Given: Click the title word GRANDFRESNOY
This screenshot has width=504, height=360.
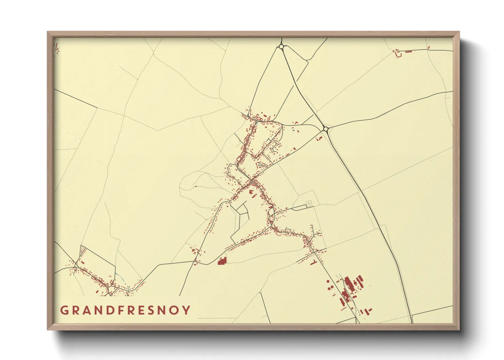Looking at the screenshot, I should tap(125, 310).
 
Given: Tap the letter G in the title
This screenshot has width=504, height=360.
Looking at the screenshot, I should tap(64, 310).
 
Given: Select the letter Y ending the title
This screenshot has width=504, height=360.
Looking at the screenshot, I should tap(187, 310).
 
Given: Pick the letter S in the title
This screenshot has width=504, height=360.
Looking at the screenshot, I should tap(152, 310).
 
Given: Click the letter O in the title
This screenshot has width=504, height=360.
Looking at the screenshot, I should tap(175, 310).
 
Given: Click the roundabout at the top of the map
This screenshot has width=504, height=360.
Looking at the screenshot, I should tap(281, 47).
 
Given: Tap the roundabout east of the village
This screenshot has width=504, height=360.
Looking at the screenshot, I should tap(326, 129).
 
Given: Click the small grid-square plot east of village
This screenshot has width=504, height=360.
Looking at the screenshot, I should tap(309, 203).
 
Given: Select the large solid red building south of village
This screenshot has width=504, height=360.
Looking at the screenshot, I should tap(222, 261).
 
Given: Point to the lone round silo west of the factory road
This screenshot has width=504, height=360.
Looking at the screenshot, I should tap(328, 281).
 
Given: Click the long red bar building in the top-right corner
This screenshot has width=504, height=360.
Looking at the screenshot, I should tap(408, 52).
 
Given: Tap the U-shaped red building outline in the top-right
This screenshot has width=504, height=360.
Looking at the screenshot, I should tap(397, 54).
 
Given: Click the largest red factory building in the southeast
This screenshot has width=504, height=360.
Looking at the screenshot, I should tap(348, 282).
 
